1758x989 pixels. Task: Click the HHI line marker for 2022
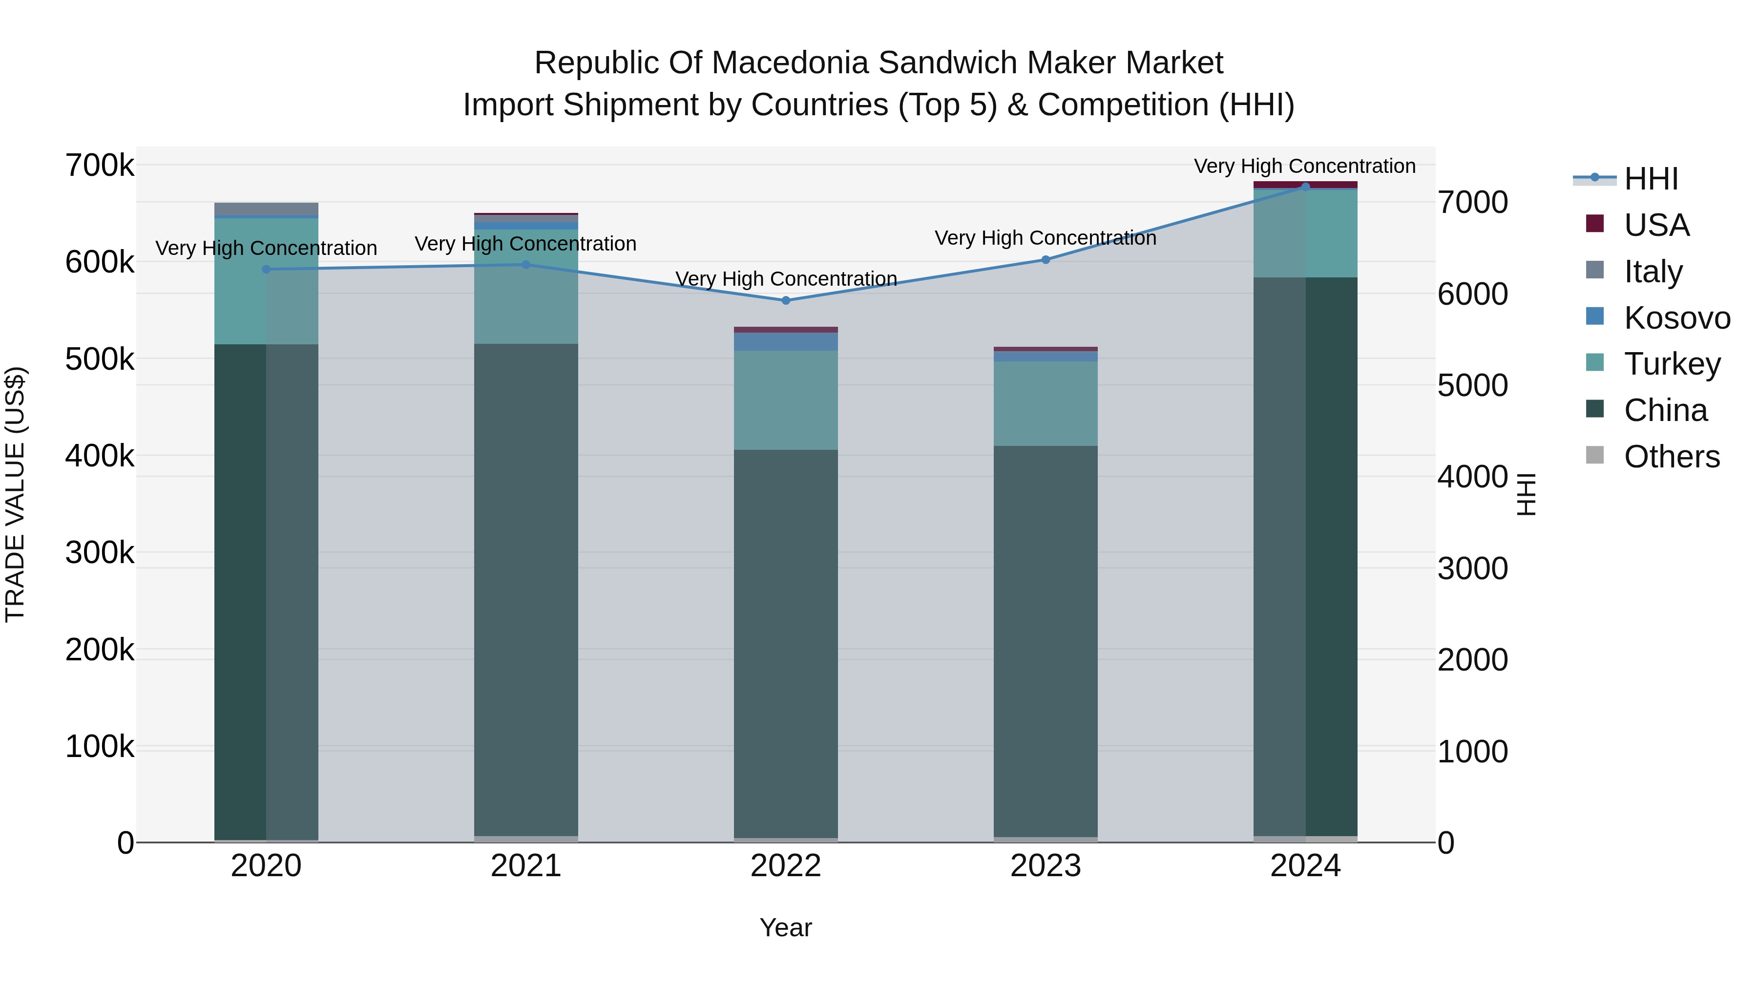click(x=786, y=300)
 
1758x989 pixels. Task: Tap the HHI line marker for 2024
click(x=1305, y=187)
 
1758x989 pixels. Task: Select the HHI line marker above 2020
click(x=266, y=269)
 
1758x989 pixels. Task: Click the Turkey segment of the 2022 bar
click(x=786, y=400)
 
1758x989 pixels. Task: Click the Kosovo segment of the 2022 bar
click(x=786, y=341)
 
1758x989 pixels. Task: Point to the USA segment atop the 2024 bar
click(x=1305, y=184)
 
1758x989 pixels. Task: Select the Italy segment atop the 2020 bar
click(x=266, y=209)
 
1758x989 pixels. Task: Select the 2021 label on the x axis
click(x=525, y=866)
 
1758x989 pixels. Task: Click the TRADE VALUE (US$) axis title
click(x=15, y=494)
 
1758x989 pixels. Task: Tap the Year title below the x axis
click(x=786, y=927)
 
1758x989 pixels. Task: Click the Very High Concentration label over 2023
click(x=1046, y=238)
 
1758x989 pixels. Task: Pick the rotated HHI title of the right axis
click(x=1527, y=494)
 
